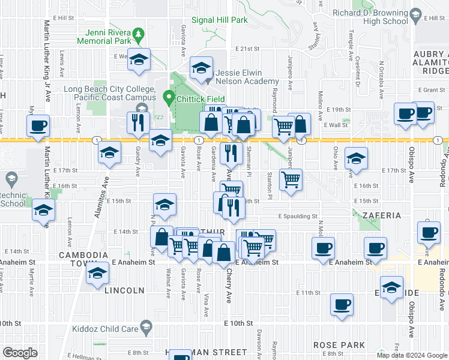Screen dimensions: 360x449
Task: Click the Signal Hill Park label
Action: [219, 20]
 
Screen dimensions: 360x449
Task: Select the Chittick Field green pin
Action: [169, 97]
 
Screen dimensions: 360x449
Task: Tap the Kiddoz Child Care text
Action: [105, 328]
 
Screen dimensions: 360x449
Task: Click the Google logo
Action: [20, 353]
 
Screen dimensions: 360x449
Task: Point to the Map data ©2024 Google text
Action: [411, 355]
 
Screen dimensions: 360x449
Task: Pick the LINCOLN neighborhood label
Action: [124, 290]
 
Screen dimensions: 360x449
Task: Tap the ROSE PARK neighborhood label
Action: [339, 346]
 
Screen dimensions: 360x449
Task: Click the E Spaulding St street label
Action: [297, 215]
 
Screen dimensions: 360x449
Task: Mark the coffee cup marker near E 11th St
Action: [342, 304]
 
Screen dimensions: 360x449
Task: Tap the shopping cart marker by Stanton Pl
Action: [291, 178]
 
